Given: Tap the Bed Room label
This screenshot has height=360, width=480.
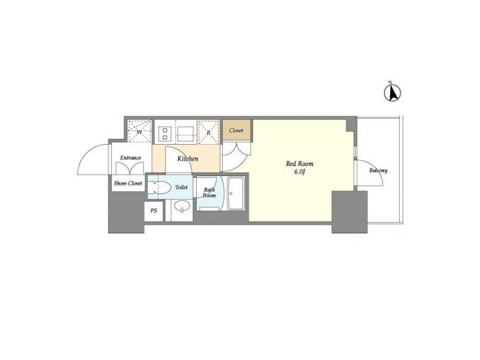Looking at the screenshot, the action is pos(299,164).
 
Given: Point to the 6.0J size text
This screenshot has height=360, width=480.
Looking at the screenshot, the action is pos(300,172).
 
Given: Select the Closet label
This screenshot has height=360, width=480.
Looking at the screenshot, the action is pos(236,131).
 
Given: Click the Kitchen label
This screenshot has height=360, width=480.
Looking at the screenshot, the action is pos(187,159).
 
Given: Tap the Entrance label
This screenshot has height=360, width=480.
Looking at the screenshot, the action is pos(131,158).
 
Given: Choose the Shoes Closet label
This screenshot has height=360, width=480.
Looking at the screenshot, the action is pos(128,183).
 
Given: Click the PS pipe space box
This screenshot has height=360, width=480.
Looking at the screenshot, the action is pos(154,211).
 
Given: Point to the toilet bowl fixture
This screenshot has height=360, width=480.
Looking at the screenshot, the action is pos(159,187).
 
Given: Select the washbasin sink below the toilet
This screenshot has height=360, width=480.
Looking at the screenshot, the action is pos(182,206).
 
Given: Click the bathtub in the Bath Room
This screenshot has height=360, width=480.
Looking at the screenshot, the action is pos(236,193).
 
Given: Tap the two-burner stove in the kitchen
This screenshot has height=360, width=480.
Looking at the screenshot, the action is pos(165,133).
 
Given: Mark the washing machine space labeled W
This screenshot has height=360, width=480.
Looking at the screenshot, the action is pos(139,131).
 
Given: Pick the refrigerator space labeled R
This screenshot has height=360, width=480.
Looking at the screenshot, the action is pos(209,132).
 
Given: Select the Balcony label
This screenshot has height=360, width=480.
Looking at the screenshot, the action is pos(379,171).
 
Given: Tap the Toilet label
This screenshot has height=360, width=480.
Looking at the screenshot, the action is pos(181,187).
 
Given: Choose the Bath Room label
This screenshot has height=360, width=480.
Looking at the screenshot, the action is pos(209,193).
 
